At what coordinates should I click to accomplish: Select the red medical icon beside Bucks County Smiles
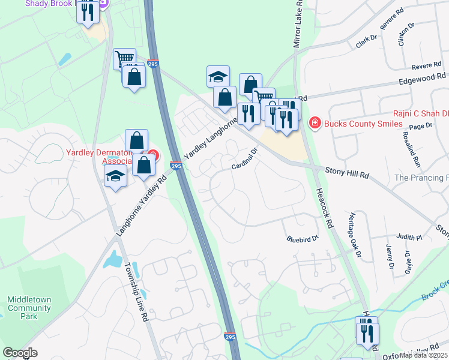pyautogui.click(x=314, y=123)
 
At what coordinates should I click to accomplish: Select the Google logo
pyautogui.click(x=20, y=353)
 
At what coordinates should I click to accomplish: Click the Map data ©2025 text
pyautogui.click(x=423, y=355)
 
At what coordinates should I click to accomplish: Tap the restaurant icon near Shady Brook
pyautogui.click(x=88, y=12)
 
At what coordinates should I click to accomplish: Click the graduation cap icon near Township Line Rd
pyautogui.click(x=115, y=176)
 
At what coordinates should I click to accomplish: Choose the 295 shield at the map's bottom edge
pyautogui.click(x=230, y=338)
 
